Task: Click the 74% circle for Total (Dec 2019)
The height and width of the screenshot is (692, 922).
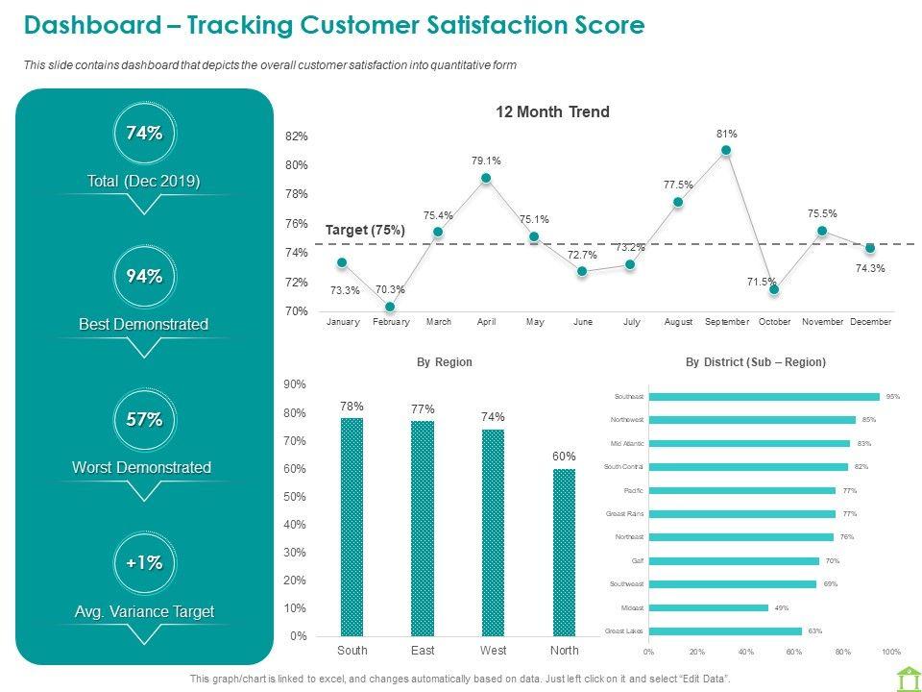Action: click(x=144, y=135)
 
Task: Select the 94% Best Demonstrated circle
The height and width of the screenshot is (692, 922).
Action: click(x=144, y=277)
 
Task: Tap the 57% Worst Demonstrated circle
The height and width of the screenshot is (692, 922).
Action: click(x=144, y=420)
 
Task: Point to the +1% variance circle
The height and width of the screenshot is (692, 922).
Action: click(x=144, y=563)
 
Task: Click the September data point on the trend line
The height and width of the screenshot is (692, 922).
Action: click(x=726, y=150)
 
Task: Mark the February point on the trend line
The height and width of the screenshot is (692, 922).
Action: click(x=390, y=307)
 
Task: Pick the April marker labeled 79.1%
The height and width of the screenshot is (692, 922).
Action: click(x=486, y=178)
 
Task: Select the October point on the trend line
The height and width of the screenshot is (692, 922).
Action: click(x=774, y=289)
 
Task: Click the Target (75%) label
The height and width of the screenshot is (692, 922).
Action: click(x=365, y=231)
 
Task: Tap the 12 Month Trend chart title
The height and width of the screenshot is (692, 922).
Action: click(x=552, y=112)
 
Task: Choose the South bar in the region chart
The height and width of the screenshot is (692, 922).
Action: click(x=352, y=527)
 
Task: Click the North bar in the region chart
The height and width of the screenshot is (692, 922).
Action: click(x=564, y=552)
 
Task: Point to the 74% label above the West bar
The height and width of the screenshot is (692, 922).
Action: click(x=494, y=417)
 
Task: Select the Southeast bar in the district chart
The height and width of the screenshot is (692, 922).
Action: click(x=764, y=396)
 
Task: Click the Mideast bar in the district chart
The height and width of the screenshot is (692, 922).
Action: click(x=709, y=607)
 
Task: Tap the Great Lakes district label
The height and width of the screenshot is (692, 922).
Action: click(x=624, y=631)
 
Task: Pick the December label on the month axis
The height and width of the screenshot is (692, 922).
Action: click(x=870, y=322)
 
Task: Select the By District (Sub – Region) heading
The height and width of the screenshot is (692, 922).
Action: click(x=756, y=362)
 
